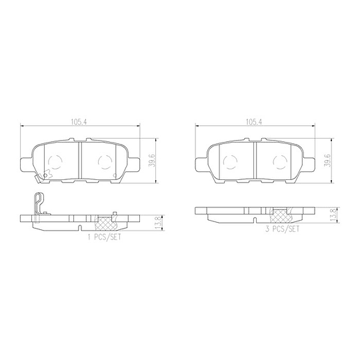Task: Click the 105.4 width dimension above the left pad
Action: point(79,122)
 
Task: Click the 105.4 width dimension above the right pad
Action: point(253,122)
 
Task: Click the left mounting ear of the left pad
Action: point(26,162)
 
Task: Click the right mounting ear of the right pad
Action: point(307,162)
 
